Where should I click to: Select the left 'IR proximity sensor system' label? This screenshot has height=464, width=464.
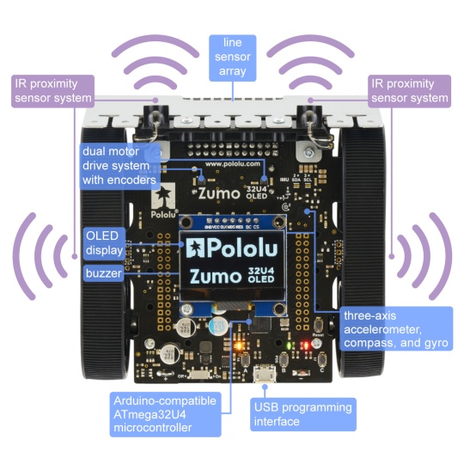pos(52,91)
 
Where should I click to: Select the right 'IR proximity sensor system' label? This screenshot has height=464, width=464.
pos(408,91)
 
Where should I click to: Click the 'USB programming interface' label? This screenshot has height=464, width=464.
pos(301,414)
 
